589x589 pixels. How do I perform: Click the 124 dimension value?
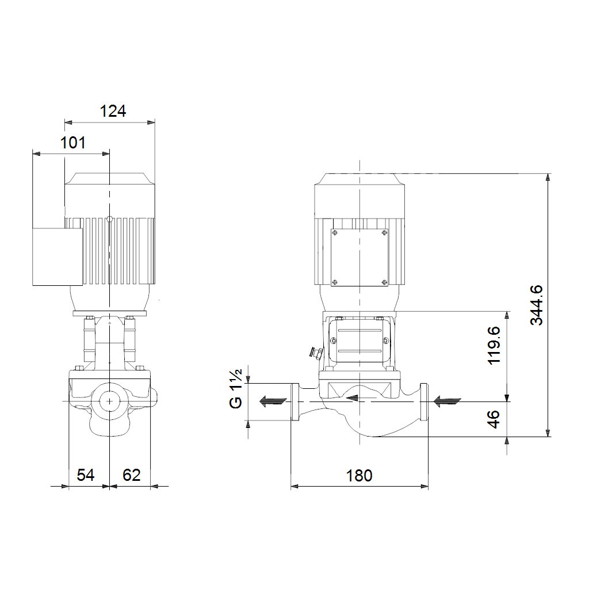click(113, 111)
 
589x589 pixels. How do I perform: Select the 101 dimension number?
click(73, 143)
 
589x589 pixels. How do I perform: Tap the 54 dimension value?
click(85, 475)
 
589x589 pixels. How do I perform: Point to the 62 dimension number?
click(132, 475)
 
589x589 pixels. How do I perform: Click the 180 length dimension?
click(359, 476)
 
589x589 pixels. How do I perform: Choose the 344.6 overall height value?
click(537, 305)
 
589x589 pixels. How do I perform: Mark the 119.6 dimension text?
click(494, 346)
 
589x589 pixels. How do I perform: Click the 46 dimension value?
click(494, 419)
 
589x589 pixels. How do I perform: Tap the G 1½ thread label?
click(236, 389)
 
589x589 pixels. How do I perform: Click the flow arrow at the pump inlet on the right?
click(447, 401)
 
